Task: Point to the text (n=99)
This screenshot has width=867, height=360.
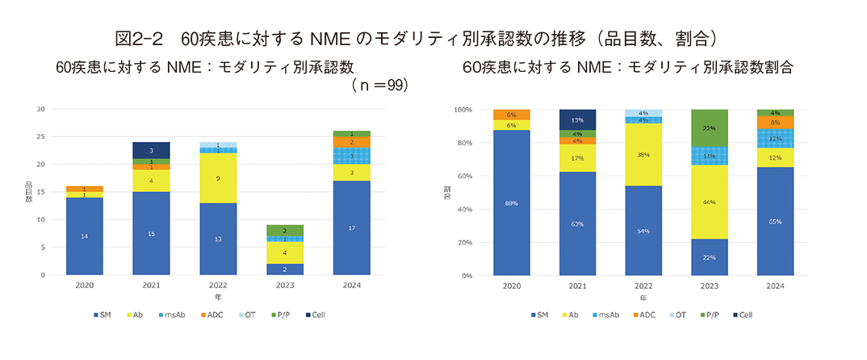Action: pyautogui.click(x=379, y=84)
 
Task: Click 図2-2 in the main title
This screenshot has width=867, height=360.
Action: pyautogui.click(x=139, y=38)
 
